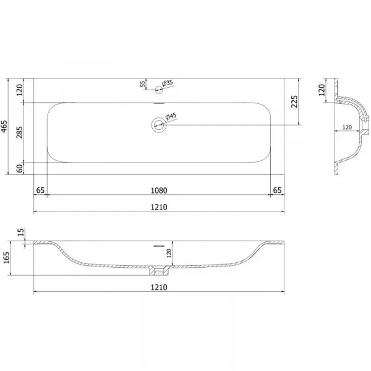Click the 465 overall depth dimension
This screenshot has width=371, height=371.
4,126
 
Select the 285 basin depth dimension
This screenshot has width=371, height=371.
19,132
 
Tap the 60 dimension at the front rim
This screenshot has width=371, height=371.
20,168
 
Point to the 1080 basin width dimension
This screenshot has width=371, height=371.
159,190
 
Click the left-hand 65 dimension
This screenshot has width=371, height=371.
40,190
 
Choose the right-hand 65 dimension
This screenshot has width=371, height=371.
277,190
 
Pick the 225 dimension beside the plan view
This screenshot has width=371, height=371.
294,101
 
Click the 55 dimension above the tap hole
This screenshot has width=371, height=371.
143,83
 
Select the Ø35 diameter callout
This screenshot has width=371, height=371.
168,83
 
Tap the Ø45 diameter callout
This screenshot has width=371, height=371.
171,116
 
